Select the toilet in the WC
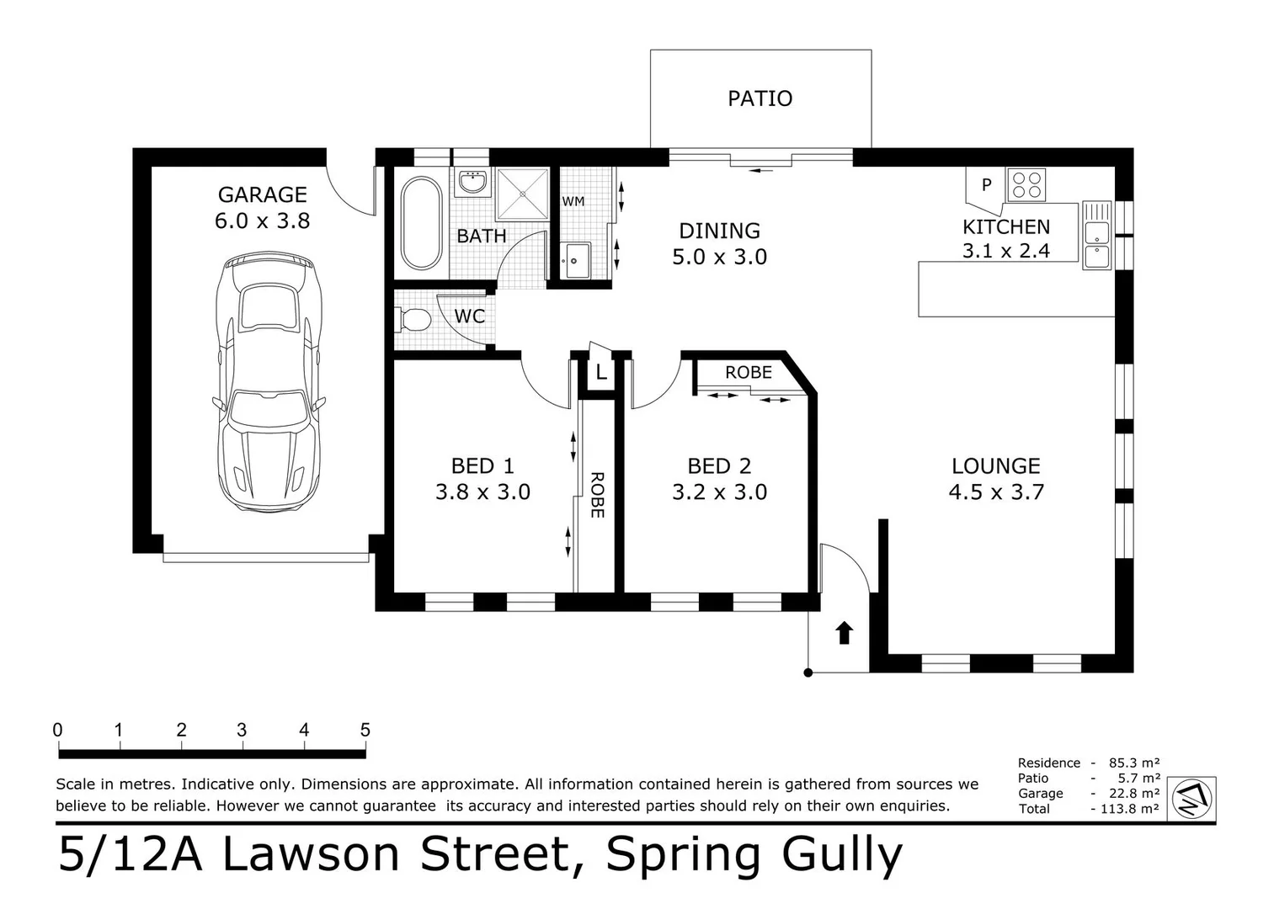tap(413, 319)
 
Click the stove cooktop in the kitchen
tap(1027, 185)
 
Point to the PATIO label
tap(760, 98)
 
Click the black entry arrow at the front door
tap(844, 633)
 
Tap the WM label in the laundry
tap(573, 201)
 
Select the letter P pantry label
tap(986, 184)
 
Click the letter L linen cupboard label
tap(601, 372)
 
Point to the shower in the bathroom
tap(522, 194)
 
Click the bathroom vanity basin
tap(474, 182)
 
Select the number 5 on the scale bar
tap(365, 730)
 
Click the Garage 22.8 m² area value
tap(1133, 793)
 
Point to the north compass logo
tap(1192, 797)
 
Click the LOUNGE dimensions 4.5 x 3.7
tap(996, 492)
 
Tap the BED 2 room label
tap(719, 465)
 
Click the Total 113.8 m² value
tap(1130, 809)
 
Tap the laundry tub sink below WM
tap(577, 259)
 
